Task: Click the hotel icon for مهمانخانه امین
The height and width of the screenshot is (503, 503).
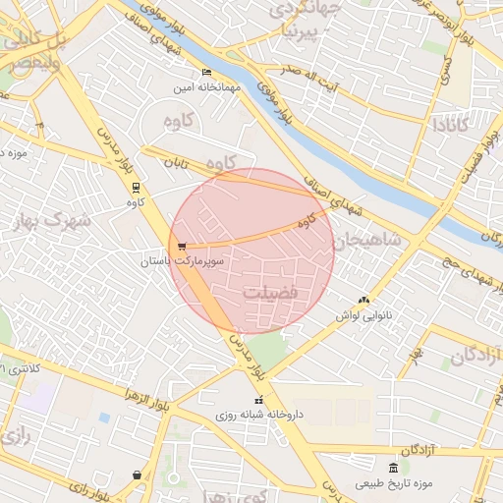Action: (x=206, y=73)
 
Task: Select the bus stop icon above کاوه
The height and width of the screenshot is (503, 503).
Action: (x=136, y=187)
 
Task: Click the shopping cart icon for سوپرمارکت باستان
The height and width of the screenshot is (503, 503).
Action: (x=182, y=247)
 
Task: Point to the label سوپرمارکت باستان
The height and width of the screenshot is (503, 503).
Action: (x=183, y=262)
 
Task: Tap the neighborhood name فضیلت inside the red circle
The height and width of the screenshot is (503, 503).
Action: (x=272, y=293)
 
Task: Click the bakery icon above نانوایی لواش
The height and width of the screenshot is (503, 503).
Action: (x=364, y=300)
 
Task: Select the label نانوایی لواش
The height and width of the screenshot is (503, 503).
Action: (x=363, y=315)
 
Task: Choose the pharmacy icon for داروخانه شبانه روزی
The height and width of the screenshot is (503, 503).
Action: (x=259, y=401)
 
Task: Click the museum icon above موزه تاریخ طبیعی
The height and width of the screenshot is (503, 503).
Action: (x=393, y=468)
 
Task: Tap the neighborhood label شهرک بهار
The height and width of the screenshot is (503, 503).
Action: (x=54, y=220)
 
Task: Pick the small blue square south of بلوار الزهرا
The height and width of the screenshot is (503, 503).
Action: (x=104, y=418)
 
